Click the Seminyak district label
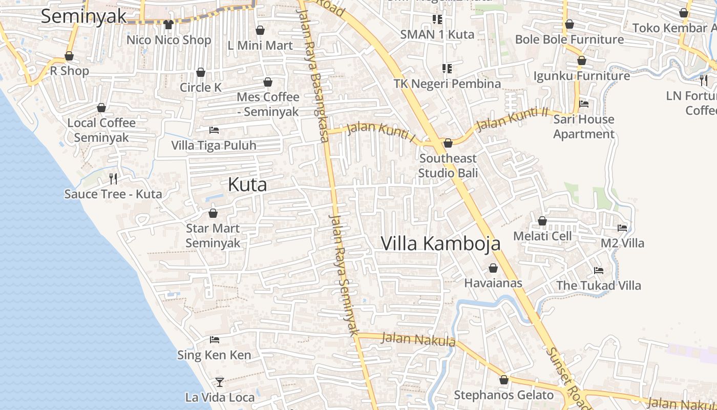(x=83, y=16)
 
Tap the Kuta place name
(x=247, y=184)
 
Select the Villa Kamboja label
(x=440, y=243)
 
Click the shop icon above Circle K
(x=201, y=72)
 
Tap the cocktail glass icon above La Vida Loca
(x=220, y=382)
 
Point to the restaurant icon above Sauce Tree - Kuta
(x=113, y=178)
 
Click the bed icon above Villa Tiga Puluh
(x=214, y=130)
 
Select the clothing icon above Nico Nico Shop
(x=168, y=24)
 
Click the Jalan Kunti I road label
(x=380, y=131)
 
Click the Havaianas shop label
(x=493, y=283)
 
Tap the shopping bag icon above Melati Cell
(x=542, y=221)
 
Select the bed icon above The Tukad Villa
(x=598, y=270)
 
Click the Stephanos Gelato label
(x=504, y=395)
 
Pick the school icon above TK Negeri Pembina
(x=447, y=68)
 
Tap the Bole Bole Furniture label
(x=569, y=39)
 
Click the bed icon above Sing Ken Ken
(x=215, y=340)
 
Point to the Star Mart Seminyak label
(x=213, y=235)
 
